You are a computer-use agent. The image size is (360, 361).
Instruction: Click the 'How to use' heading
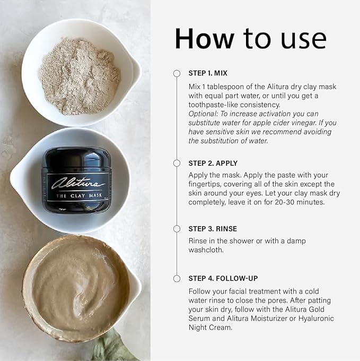pos(250,39)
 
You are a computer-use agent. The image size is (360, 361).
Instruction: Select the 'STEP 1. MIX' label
pos(208,73)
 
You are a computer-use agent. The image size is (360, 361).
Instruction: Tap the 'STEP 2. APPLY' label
pos(213,163)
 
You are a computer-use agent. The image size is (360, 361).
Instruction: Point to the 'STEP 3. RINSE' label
pos(213,229)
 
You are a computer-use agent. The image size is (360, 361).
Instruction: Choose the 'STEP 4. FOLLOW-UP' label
pos(223,278)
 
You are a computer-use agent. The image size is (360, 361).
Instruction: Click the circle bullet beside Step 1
pos(177,73)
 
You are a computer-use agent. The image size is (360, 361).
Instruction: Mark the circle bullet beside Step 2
pos(177,163)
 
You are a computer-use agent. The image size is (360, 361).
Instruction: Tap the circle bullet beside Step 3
pos(177,229)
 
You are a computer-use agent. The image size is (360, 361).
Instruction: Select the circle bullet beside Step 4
pos(177,278)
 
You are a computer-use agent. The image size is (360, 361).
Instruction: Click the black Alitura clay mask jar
pos(77,181)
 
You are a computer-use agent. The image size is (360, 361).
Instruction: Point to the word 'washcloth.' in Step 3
pos(207,250)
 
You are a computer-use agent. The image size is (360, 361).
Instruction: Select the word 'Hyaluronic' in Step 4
pos(320,319)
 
